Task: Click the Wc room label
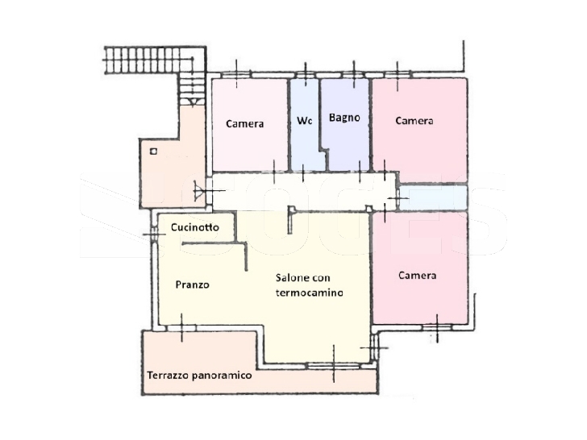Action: coord(304,121)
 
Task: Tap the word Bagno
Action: coord(344,118)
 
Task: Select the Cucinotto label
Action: coord(194,227)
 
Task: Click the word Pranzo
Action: coord(193,284)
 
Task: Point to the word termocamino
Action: coord(310,293)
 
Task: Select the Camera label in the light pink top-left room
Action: coord(245,123)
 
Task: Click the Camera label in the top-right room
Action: coord(414,121)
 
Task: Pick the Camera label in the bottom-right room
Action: coord(418,276)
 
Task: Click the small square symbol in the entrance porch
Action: coord(153,152)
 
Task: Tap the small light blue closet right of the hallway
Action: coord(434,197)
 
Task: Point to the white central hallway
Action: coord(304,191)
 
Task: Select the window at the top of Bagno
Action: coord(354,75)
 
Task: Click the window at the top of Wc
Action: coord(306,75)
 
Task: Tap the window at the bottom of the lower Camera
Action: coord(437,327)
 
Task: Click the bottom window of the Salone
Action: coord(333,366)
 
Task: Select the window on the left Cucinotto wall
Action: coord(154,235)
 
